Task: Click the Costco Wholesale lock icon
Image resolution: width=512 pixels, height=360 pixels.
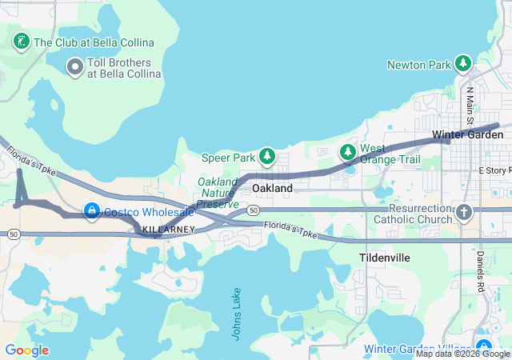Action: click(x=92, y=211)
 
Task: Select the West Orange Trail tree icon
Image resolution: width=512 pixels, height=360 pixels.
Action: click(x=347, y=151)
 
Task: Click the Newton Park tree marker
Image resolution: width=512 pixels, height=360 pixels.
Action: click(x=462, y=63)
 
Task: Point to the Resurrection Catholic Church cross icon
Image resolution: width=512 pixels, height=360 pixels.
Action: click(x=464, y=212)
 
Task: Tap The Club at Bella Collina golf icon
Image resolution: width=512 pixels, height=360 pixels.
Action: click(x=22, y=40)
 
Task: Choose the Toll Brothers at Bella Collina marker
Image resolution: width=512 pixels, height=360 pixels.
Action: click(x=75, y=67)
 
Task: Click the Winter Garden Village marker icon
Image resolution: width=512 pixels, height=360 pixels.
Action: click(x=482, y=335)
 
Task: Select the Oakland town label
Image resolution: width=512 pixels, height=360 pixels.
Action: click(x=272, y=187)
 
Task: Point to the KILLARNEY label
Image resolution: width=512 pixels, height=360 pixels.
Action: click(x=168, y=230)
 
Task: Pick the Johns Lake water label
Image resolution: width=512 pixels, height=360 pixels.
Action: click(x=238, y=314)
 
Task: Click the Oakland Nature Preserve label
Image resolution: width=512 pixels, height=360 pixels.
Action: click(x=218, y=193)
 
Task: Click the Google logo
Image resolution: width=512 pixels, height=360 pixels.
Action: click(x=26, y=350)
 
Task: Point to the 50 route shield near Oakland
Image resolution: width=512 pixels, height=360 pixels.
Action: click(x=253, y=210)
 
